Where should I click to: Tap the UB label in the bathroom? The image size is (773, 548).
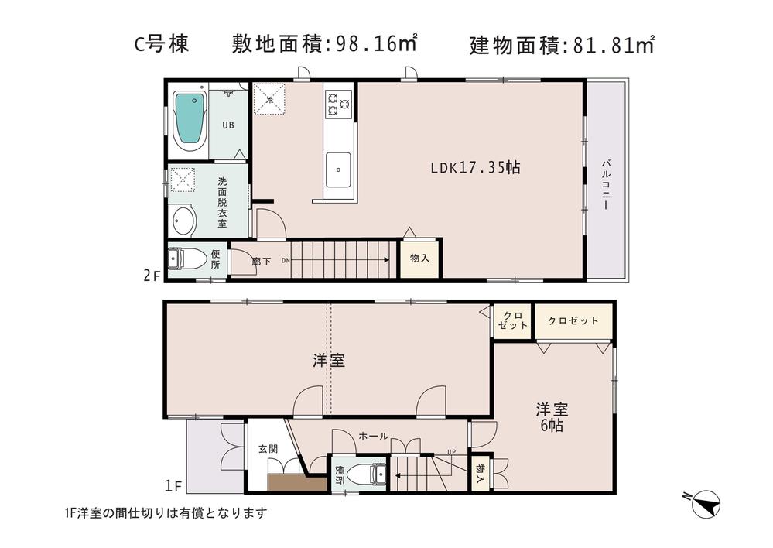(x=229, y=125)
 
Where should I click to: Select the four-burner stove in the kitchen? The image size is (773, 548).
(x=339, y=103)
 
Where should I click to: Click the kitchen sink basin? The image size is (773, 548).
(x=338, y=166)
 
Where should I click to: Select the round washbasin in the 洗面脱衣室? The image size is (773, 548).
(x=183, y=221)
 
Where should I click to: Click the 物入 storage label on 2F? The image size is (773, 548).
(x=419, y=258)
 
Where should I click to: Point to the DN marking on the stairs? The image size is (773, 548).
(x=286, y=261)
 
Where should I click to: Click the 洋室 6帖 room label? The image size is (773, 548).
(x=550, y=416)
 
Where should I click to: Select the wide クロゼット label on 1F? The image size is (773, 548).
(x=573, y=320)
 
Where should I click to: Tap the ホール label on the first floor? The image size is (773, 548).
(x=373, y=437)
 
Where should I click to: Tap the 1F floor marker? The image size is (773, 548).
(x=173, y=486)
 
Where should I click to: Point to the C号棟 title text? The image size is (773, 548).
(x=161, y=45)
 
